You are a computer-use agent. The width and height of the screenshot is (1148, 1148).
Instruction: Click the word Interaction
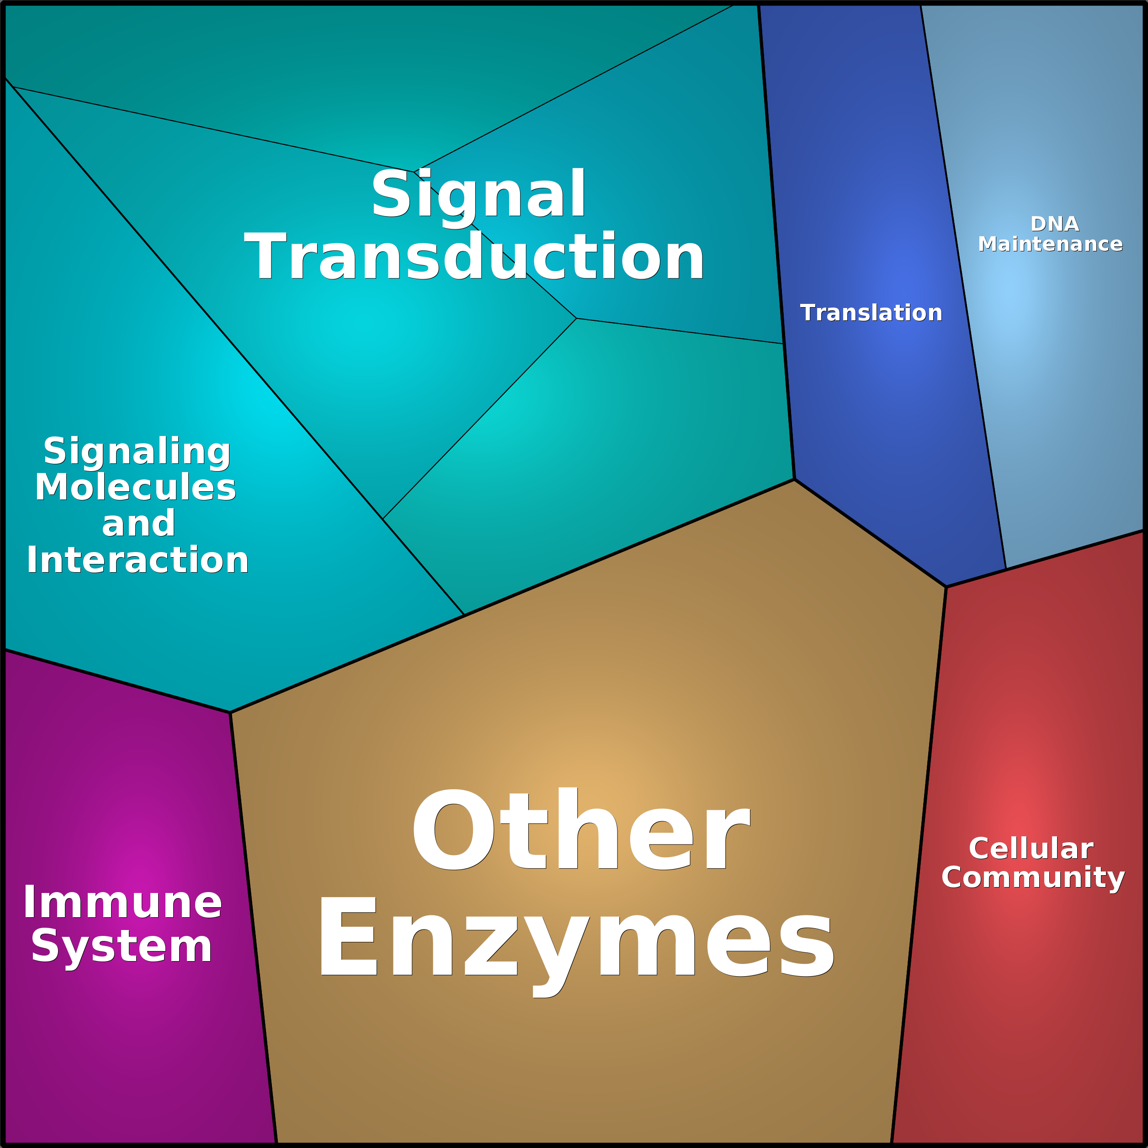pos(137,560)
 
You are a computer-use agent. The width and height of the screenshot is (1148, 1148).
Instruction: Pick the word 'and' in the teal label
pos(138,523)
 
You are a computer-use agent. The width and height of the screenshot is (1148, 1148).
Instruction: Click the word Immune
pos(122,902)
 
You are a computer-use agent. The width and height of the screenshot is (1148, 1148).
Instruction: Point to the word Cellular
pos(1031,849)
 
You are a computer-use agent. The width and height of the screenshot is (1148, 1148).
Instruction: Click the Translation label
pos(871,313)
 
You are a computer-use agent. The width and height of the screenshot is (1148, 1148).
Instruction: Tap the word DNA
pos(1055,224)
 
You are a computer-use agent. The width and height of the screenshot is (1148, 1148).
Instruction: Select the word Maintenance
pos(1050,244)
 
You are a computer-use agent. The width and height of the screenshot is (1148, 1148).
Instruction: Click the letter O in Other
pos(453,829)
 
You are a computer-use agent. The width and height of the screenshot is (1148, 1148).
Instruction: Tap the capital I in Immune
pos(28,902)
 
